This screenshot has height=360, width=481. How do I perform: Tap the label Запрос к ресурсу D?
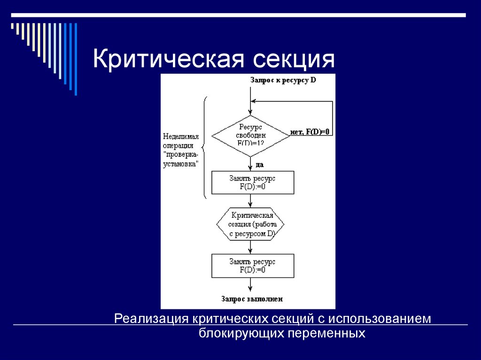pyautogui.click(x=283, y=80)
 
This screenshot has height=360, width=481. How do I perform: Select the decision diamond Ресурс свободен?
pyautogui.click(x=251, y=136)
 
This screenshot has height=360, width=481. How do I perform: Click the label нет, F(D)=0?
pyautogui.click(x=310, y=132)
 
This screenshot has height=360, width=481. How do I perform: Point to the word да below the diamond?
pyautogui.click(x=259, y=164)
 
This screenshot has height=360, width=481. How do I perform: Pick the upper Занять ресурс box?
pyautogui.click(x=253, y=183)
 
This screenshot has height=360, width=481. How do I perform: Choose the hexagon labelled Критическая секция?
pyautogui.click(x=250, y=224)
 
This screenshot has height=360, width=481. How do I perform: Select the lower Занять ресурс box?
pyautogui.click(x=253, y=266)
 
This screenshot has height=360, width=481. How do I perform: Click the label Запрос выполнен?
pyautogui.click(x=252, y=299)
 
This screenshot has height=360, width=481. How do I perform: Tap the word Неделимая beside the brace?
pyautogui.click(x=181, y=137)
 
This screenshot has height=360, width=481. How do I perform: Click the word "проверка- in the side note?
pyautogui.click(x=181, y=154)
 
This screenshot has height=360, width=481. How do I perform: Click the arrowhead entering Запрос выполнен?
pyautogui.click(x=251, y=289)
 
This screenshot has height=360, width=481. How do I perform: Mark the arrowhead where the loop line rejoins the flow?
pyautogui.click(x=254, y=100)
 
